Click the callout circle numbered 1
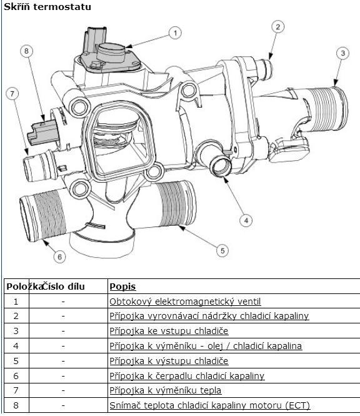point(175,33)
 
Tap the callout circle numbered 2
point(278,27)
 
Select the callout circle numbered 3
point(342,53)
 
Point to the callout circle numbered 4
point(246,220)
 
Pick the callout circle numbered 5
point(222,250)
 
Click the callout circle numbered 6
point(59,256)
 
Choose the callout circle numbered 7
point(12,94)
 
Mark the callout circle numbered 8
point(26,51)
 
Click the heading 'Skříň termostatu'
point(47,7)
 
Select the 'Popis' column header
point(122,287)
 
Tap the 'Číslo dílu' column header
point(64,287)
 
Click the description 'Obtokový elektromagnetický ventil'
point(185,302)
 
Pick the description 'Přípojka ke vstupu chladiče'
point(169,331)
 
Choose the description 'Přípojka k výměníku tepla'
point(166,390)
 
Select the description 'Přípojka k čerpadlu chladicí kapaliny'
point(187,376)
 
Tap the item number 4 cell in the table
point(16,346)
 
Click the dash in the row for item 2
point(63,317)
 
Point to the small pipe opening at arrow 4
point(220,166)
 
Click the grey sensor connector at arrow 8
point(43,132)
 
